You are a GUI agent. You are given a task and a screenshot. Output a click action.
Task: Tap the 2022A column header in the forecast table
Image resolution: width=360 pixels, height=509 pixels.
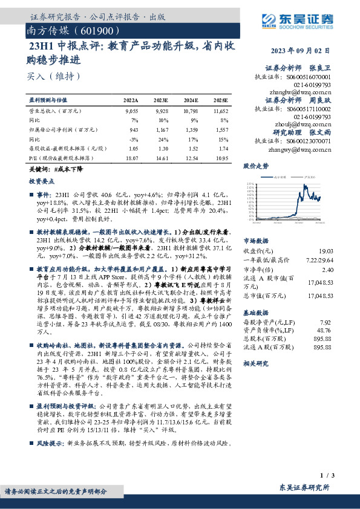pos(131,100)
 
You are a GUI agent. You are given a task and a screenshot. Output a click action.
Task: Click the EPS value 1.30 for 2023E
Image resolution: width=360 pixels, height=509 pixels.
pos(162,148)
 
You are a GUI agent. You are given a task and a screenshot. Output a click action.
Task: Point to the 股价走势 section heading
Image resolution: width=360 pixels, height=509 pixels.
pos(256,165)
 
